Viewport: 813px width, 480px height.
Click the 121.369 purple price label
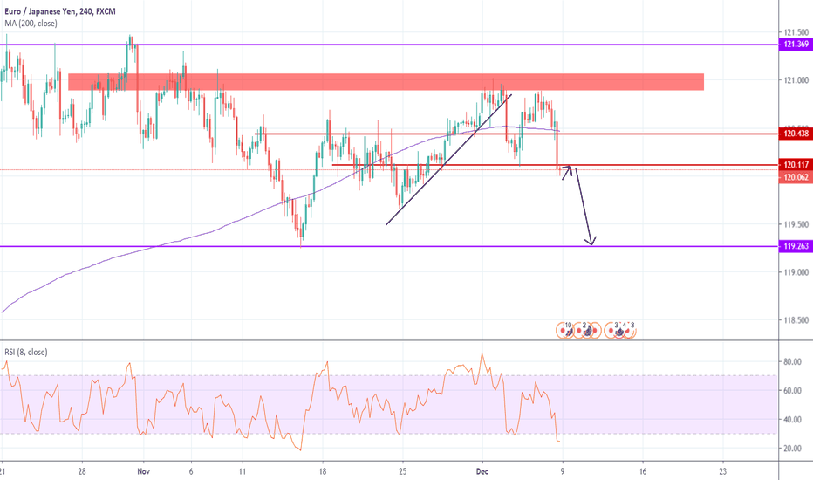794,44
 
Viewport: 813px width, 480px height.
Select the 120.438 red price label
794,134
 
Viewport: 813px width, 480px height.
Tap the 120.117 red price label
794,164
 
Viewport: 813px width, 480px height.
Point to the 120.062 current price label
794,176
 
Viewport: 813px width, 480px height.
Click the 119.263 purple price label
794,246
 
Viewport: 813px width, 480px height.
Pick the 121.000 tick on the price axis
794,80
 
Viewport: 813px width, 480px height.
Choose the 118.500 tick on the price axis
794,320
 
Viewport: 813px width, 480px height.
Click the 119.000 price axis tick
794,272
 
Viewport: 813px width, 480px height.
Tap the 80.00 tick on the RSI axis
792,360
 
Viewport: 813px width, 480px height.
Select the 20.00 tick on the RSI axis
792,448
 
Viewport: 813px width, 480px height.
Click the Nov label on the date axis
143,468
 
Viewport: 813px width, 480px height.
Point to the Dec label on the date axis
482,468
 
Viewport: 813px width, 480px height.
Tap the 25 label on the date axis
403,468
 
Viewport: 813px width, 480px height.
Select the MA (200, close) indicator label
31,23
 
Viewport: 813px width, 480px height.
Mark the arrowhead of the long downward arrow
591,243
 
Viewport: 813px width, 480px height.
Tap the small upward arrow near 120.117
566,172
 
